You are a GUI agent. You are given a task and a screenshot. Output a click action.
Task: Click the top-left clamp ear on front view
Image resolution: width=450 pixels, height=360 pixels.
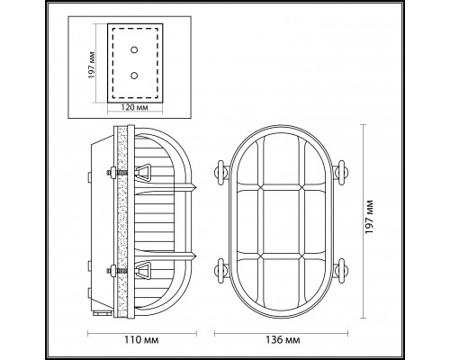point(219,172)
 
